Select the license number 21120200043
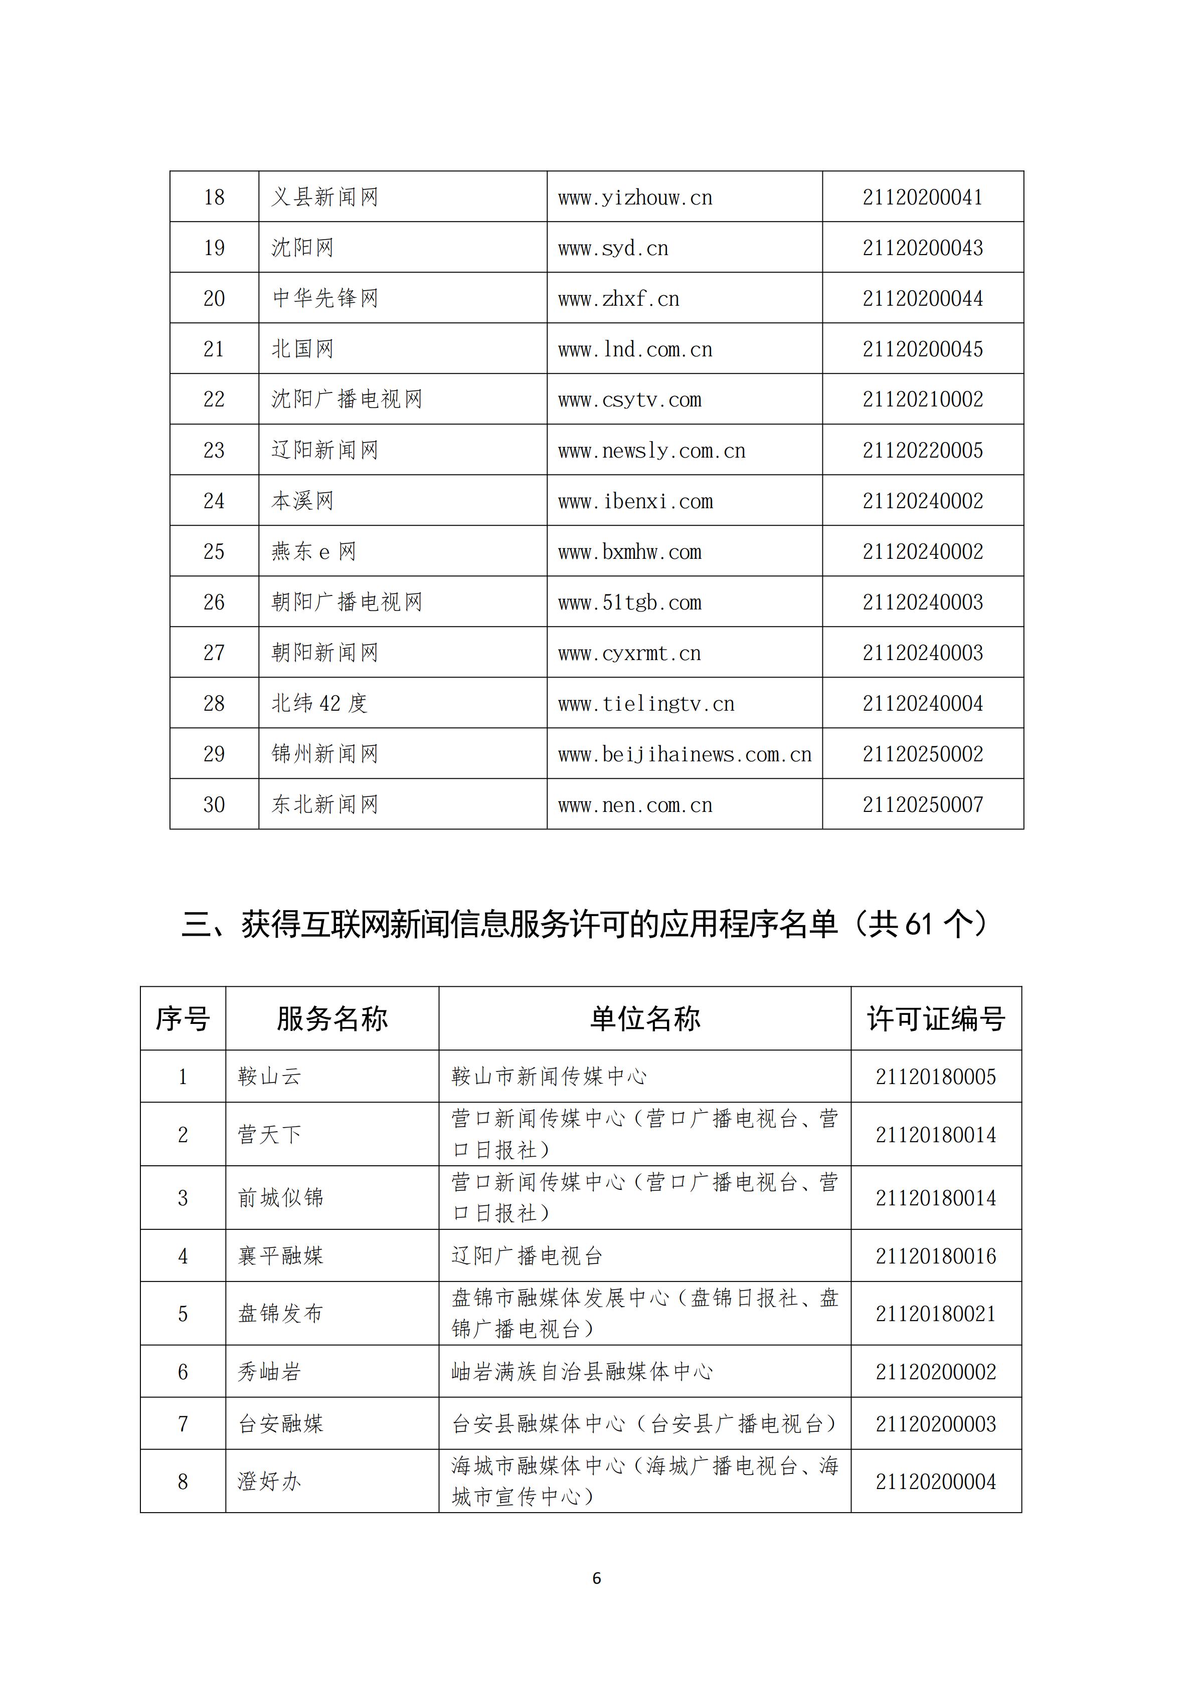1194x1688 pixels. point(923,248)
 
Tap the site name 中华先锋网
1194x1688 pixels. point(324,299)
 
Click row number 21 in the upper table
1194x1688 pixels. point(214,349)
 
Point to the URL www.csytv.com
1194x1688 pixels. point(630,400)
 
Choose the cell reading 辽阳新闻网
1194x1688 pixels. point(324,450)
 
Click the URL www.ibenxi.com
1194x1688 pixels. point(635,501)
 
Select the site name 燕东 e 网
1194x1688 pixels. point(313,551)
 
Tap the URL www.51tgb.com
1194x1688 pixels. point(630,603)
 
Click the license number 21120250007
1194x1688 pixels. point(923,805)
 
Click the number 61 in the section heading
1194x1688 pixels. point(918,925)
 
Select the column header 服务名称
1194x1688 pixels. point(332,1019)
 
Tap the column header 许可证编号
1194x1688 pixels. point(936,1019)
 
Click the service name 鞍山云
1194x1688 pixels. point(269,1077)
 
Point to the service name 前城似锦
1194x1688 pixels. point(280,1198)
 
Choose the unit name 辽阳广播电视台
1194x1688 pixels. point(527,1255)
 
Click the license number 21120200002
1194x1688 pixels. point(936,1372)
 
